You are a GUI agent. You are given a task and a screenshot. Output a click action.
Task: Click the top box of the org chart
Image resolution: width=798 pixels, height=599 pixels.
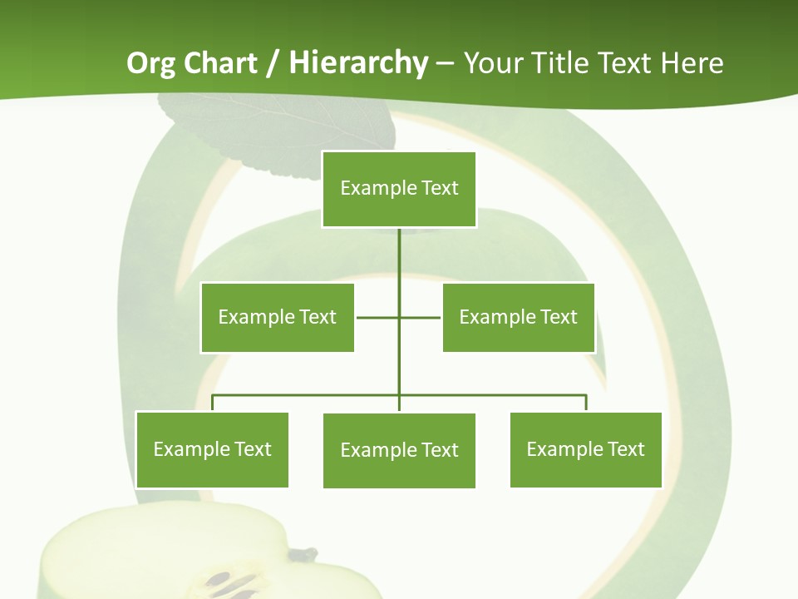399,189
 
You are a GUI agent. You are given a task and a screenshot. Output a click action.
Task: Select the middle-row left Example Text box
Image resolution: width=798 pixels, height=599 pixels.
277,317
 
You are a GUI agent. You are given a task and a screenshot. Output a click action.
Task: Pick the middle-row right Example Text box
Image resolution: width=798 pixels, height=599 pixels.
518,317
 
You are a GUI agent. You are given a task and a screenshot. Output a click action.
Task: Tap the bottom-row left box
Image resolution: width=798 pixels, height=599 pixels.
212,449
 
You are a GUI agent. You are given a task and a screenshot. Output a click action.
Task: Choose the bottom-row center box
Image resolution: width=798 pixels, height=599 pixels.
399,450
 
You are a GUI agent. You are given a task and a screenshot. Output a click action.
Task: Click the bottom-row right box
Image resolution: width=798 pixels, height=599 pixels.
585,449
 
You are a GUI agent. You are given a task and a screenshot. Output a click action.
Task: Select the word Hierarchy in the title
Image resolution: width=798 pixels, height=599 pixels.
358,64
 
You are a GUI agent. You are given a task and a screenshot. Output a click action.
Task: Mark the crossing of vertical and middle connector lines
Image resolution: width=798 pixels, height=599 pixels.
399,317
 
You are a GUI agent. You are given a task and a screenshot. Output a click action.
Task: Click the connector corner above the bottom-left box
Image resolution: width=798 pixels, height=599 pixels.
213,395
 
